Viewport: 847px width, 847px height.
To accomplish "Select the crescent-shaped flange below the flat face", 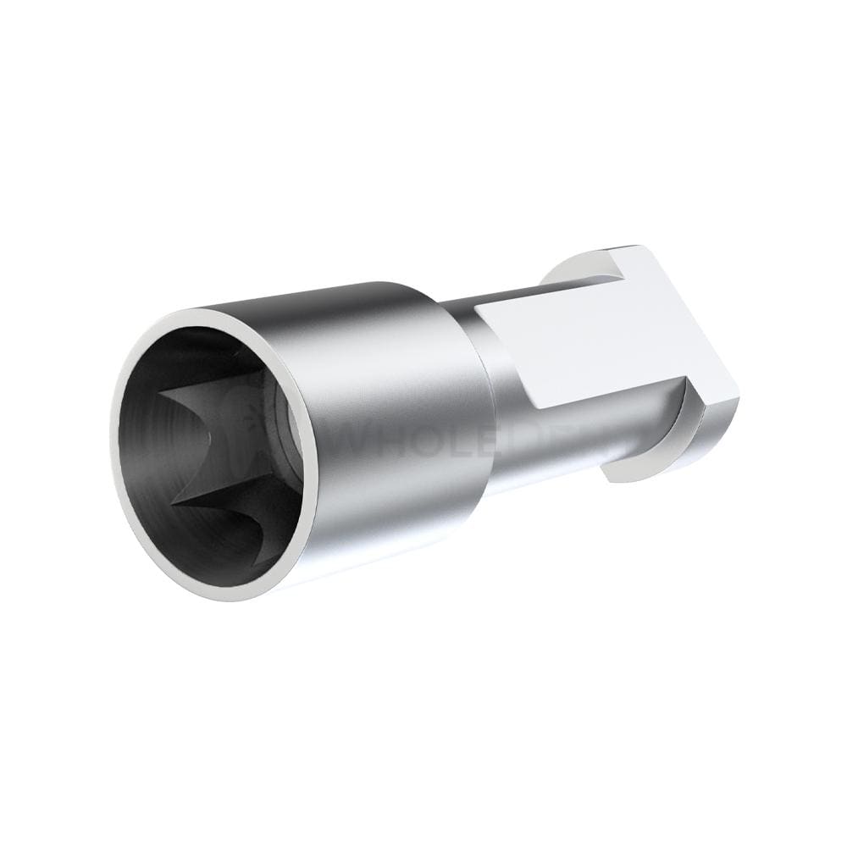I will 669,457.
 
